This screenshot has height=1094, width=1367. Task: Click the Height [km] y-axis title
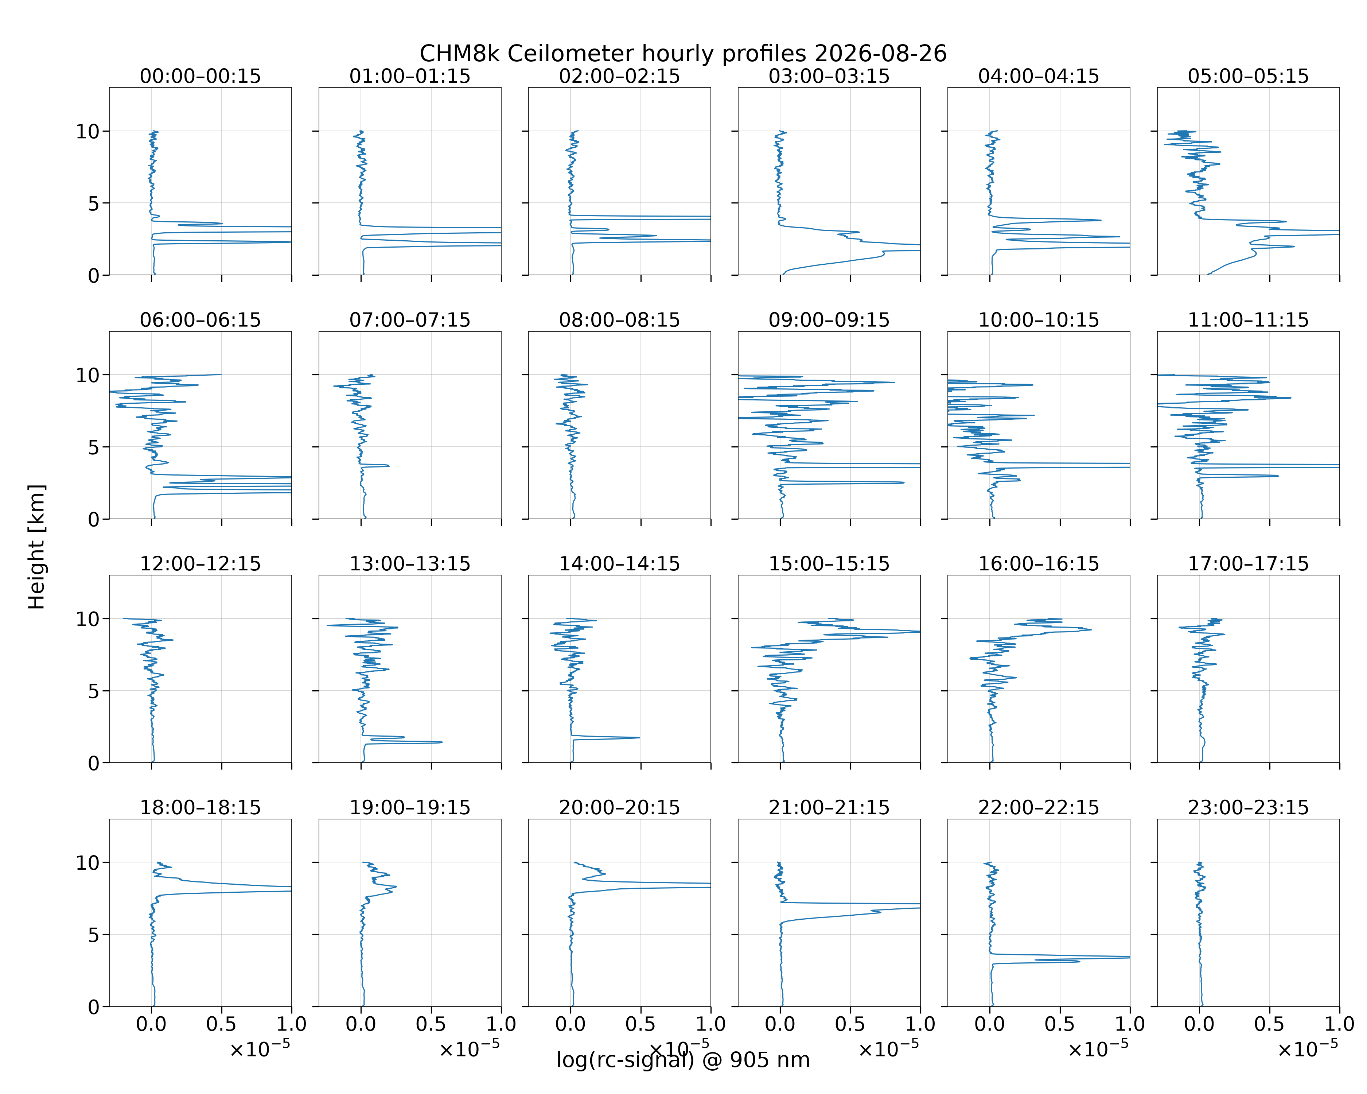pyautogui.click(x=37, y=547)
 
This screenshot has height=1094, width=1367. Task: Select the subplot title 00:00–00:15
pyautogui.click(x=200, y=76)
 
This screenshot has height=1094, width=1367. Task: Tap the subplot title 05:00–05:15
pyautogui.click(x=1248, y=76)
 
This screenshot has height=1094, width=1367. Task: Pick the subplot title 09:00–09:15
pyautogui.click(x=829, y=320)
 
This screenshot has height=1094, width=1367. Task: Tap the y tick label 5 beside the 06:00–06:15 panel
pyautogui.click(x=94, y=447)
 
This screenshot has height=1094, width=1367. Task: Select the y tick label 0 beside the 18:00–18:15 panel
pyautogui.click(x=94, y=1006)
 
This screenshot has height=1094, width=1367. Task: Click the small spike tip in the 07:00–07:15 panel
pyautogui.click(x=389, y=466)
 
